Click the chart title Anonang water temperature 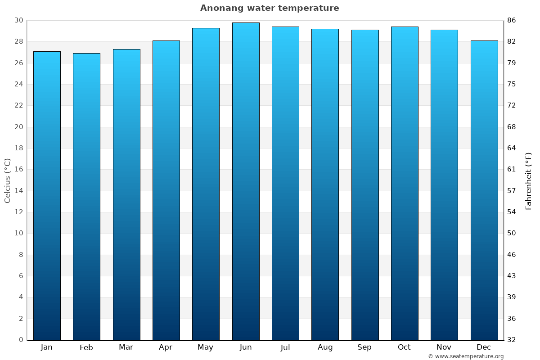point(270,8)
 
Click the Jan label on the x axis point(47,347)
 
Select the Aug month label point(325,347)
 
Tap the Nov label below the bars point(444,347)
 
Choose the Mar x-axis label point(126,347)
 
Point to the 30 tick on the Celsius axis point(18,20)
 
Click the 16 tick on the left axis point(18,170)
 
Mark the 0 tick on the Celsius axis point(21,340)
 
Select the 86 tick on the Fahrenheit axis point(512,20)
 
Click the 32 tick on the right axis point(512,340)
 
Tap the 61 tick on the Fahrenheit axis point(512,170)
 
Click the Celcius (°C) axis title point(7,180)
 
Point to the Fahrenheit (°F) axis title point(529,180)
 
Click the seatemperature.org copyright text point(466,356)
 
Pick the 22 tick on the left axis point(18,105)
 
